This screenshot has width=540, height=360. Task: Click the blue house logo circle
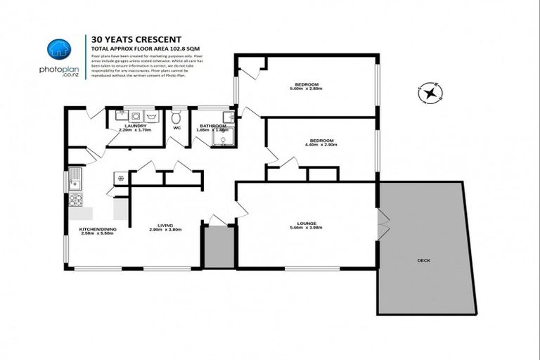tap(59, 49)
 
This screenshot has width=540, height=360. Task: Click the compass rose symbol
tap(429, 92)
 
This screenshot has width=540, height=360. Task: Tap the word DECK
tap(423, 260)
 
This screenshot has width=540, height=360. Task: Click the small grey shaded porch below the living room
tap(219, 247)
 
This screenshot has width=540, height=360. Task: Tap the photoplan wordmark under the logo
tap(59, 70)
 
